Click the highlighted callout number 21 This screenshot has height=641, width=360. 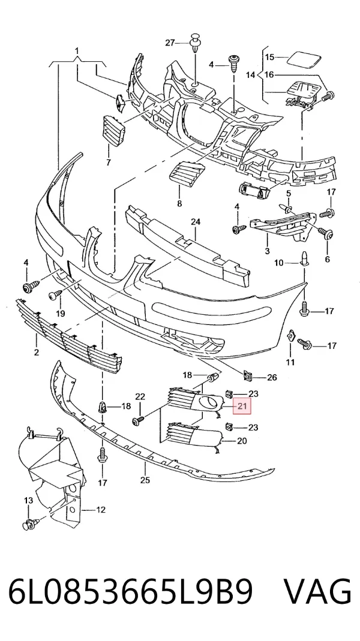(x=242, y=407)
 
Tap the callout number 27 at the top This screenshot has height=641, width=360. (x=170, y=43)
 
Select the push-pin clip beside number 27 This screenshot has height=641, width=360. (x=195, y=43)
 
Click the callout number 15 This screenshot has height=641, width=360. (x=269, y=57)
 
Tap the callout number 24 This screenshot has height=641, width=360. (x=196, y=222)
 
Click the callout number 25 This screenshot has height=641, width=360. (x=145, y=480)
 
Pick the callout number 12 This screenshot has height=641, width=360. (x=101, y=510)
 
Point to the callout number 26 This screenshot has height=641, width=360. (x=272, y=377)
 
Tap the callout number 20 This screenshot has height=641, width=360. (x=242, y=441)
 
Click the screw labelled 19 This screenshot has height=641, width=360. (x=55, y=294)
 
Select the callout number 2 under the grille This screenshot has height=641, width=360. (x=37, y=352)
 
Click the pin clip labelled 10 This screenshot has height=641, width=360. (x=304, y=258)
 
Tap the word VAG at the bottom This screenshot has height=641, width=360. (x=317, y=592)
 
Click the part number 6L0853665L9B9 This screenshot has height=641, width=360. (x=131, y=592)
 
